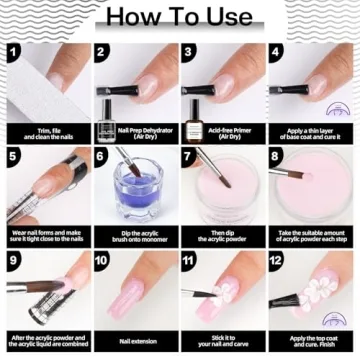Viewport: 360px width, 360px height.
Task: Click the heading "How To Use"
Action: pyautogui.click(x=179, y=17)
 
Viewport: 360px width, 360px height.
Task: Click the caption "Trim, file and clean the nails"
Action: pyautogui.click(x=45, y=133)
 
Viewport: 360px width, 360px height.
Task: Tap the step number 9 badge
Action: pyautogui.click(x=13, y=262)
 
